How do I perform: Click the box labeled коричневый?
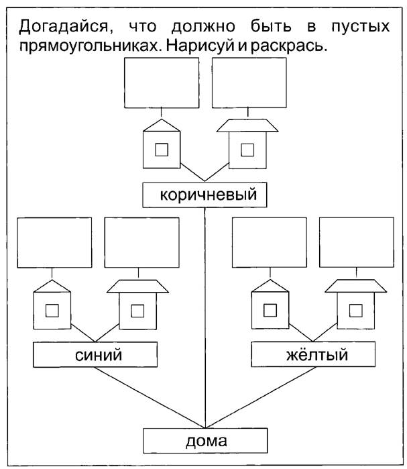[205, 195]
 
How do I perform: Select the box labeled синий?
[95, 355]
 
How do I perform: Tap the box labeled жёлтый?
[313, 354]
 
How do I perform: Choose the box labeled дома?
[205, 441]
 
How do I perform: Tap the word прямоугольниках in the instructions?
[89, 47]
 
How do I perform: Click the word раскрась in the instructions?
[289, 47]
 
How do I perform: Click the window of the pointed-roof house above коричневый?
[162, 150]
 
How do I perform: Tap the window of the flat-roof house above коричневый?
[247, 150]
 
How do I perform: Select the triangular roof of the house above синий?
[52, 286]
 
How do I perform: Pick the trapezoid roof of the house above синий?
[137, 286]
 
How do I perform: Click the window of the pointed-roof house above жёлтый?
[270, 310]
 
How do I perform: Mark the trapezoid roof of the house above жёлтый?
[356, 286]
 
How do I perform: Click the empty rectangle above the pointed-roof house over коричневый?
[162, 83]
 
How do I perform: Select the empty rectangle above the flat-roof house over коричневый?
[249, 83]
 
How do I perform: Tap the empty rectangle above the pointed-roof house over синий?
[54, 243]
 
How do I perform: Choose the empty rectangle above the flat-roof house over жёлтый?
[357, 242]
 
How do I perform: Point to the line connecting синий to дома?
[150, 397]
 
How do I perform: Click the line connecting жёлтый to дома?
[261, 397]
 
